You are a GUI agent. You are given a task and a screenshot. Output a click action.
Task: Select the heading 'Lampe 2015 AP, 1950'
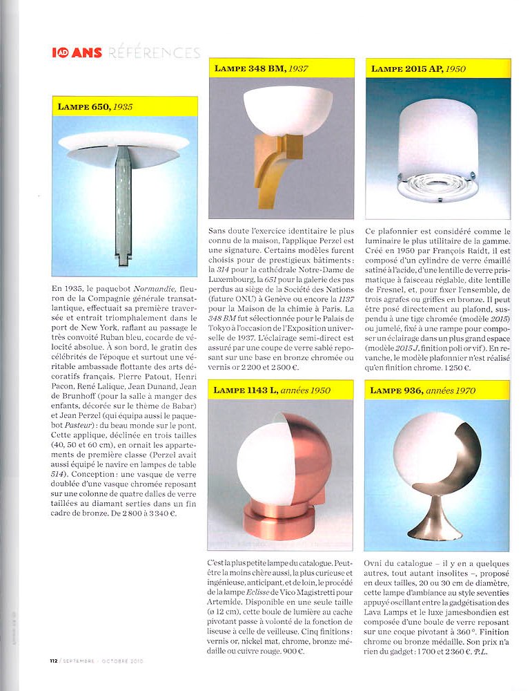[418, 68]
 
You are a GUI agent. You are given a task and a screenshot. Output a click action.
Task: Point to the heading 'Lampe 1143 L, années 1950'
[271, 390]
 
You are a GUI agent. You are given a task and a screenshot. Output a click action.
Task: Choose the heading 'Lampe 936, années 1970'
[422, 390]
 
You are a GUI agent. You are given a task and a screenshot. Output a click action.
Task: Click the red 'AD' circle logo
[63, 53]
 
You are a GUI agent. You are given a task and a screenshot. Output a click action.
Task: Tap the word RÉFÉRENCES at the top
[154, 53]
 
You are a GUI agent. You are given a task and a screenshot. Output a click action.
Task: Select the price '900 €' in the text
[293, 652]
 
